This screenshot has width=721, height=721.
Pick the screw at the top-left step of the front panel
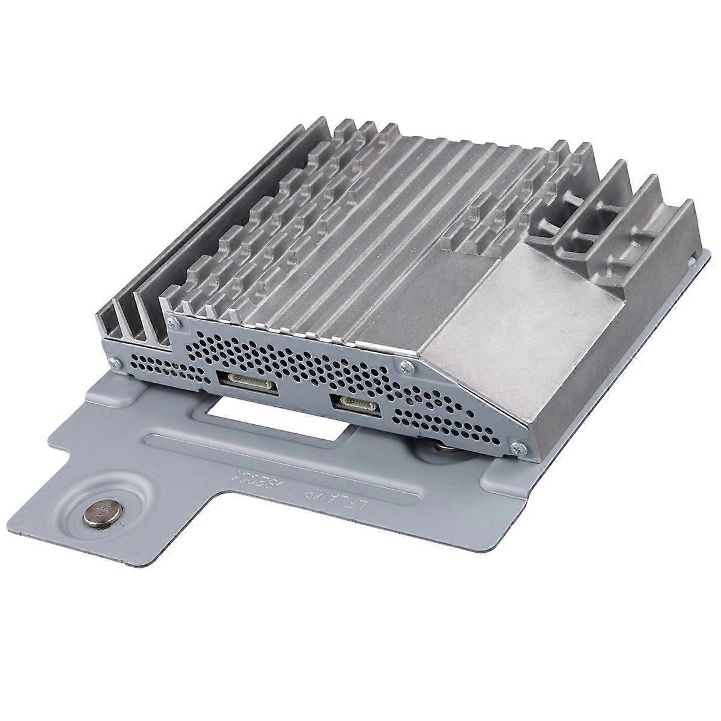[173, 324]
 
